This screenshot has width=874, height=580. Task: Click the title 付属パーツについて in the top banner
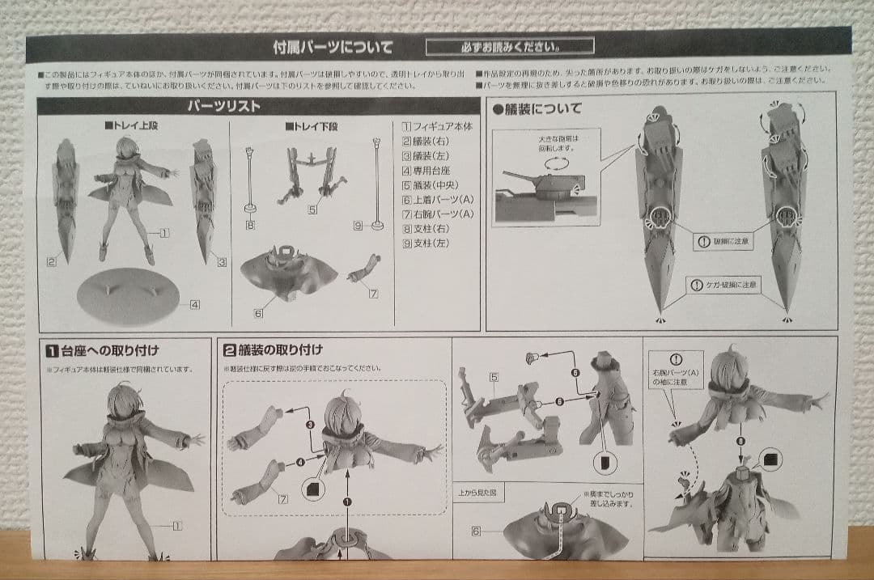(x=333, y=46)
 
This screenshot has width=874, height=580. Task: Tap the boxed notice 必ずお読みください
(x=509, y=46)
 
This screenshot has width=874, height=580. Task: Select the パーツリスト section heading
(x=224, y=106)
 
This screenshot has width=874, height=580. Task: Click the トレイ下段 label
(x=311, y=128)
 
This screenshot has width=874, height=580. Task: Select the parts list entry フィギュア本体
(x=437, y=127)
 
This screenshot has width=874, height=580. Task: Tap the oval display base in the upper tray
(x=129, y=297)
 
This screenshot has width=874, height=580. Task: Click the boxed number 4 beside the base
(x=194, y=305)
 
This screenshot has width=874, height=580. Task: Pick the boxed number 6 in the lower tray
(x=258, y=313)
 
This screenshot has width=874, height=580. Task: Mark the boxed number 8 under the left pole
(x=250, y=225)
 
